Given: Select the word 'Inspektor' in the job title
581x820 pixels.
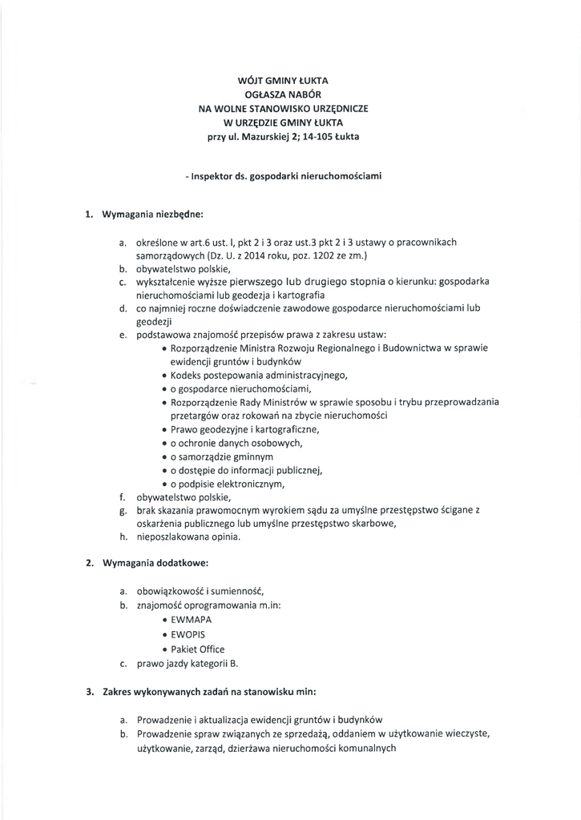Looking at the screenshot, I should pyautogui.click(x=212, y=175).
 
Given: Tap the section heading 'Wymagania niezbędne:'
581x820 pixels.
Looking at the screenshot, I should pyautogui.click(x=153, y=215).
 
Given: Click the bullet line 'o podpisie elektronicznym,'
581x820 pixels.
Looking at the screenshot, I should pyautogui.click(x=228, y=484).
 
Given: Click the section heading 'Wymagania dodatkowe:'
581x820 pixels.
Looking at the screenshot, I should pyautogui.click(x=152, y=563).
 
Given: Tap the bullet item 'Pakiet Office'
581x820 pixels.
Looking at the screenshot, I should pyautogui.click(x=197, y=649).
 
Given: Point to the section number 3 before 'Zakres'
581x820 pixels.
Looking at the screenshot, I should pyautogui.click(x=90, y=690).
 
